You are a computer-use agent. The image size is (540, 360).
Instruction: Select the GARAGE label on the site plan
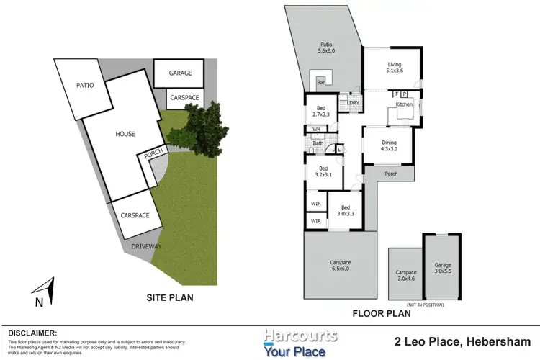pyautogui.click(x=180, y=74)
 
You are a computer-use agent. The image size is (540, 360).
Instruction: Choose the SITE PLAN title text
pyautogui.click(x=170, y=297)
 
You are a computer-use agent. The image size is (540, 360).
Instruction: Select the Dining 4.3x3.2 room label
pyautogui.click(x=390, y=146)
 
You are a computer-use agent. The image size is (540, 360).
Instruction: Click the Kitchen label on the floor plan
pyautogui.click(x=404, y=105)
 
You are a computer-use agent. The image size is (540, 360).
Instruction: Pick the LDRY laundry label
pyautogui.click(x=353, y=102)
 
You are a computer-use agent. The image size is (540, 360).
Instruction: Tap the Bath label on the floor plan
pyautogui.click(x=318, y=143)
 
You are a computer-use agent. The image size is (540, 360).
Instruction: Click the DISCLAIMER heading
pyautogui.click(x=32, y=333)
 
